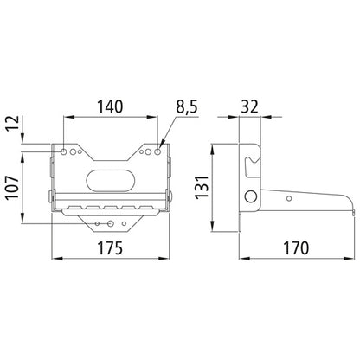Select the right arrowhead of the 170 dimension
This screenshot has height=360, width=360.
coord(352,258)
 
